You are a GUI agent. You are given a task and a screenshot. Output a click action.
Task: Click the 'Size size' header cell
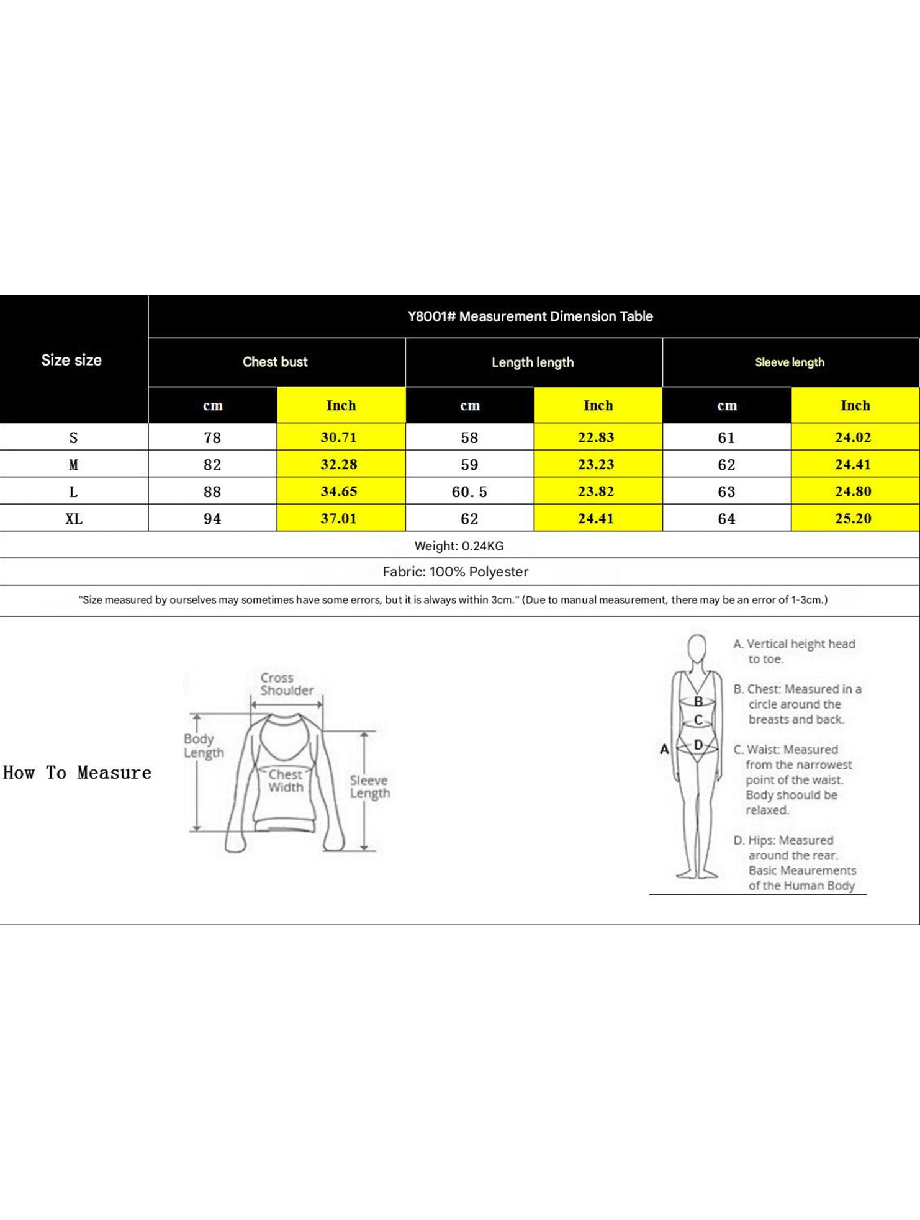tap(71, 360)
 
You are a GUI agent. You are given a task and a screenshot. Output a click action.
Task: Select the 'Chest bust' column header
tap(275, 362)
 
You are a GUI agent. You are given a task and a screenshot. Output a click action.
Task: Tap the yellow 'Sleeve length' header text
tap(790, 362)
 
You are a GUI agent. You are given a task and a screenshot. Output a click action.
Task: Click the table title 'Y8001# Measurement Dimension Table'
tap(530, 316)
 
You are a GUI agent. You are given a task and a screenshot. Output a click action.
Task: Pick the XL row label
tap(74, 519)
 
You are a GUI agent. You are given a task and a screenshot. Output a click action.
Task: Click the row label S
tap(73, 437)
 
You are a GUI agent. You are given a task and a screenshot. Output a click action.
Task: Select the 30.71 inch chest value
tap(339, 437)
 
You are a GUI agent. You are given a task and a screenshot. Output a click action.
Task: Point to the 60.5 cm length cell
tap(469, 492)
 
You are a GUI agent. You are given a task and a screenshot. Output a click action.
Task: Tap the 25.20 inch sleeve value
tap(853, 519)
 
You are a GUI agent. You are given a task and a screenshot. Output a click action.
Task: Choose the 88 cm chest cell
tap(212, 492)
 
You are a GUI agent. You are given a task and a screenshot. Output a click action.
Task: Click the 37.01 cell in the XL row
tap(339, 519)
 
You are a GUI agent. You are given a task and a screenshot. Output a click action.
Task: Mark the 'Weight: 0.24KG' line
tap(459, 546)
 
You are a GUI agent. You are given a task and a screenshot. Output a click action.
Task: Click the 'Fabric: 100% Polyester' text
tap(456, 572)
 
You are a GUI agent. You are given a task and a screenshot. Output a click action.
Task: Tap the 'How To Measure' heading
tap(77, 773)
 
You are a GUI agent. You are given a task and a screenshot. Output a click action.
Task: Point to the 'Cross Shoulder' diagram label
tap(287, 684)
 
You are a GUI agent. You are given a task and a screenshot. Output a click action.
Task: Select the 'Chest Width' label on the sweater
tap(286, 781)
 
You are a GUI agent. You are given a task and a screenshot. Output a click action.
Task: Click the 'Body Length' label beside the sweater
tap(203, 746)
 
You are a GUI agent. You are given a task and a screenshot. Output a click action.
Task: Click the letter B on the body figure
tap(698, 702)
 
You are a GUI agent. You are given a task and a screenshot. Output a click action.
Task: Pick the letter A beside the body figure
tap(664, 749)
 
